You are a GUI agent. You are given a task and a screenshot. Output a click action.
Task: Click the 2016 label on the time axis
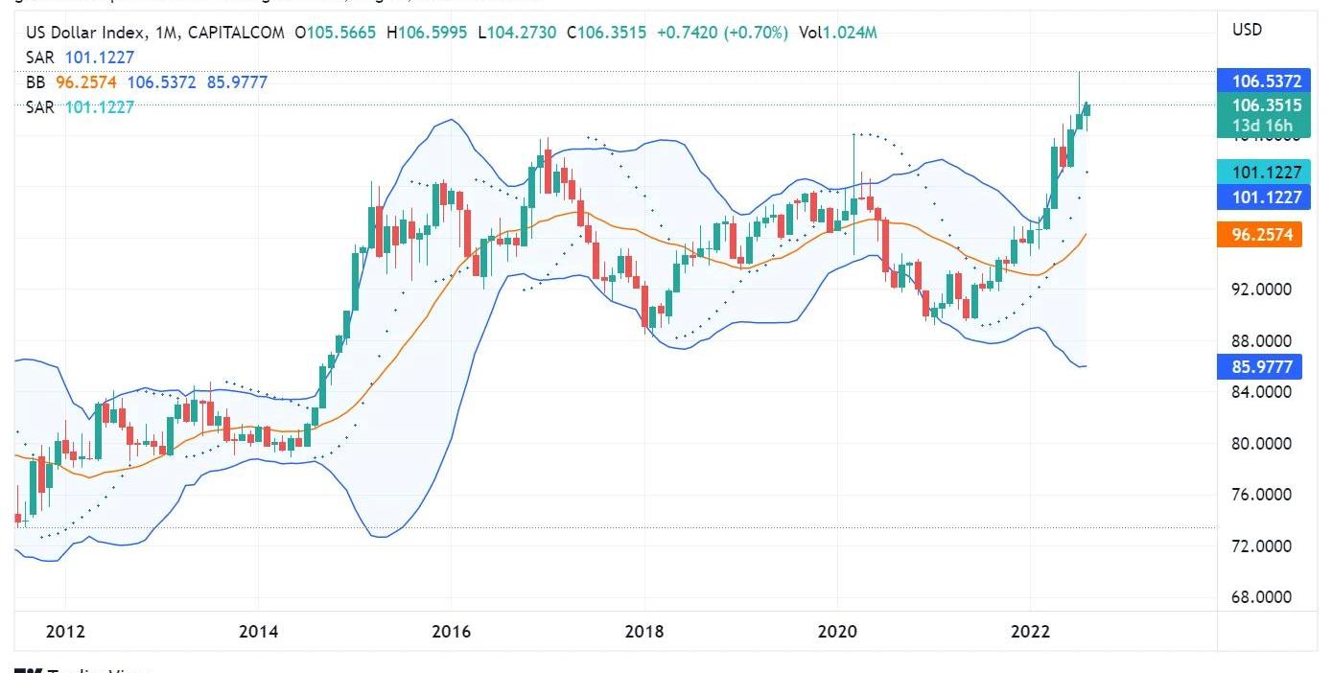452,632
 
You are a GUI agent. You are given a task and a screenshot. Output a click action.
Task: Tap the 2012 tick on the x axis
65,632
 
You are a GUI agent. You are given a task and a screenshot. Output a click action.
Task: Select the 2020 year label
837,632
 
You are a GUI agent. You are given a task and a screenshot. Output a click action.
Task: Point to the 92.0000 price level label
1260,290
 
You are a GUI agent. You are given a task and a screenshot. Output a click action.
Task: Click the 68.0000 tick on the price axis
1260,597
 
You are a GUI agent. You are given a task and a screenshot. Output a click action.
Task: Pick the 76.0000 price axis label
1260,495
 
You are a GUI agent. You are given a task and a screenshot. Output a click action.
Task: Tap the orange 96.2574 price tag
1259,234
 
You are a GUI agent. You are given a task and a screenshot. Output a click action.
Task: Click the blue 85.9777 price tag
1259,366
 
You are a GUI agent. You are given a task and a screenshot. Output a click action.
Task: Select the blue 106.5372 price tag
1259,81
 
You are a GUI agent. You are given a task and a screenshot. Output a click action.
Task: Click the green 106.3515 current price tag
1259,105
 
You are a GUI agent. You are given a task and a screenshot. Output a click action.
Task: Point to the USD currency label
1247,30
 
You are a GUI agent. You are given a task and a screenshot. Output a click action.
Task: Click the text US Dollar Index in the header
86,33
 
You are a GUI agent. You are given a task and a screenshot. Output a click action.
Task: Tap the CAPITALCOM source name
237,33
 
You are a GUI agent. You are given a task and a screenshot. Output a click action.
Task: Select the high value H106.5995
427,33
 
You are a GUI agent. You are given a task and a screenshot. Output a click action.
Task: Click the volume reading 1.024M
849,33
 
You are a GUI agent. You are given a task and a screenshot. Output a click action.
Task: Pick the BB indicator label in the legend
35,82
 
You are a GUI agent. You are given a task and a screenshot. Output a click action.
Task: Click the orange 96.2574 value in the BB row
86,82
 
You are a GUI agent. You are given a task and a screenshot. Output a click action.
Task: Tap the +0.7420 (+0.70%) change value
722,33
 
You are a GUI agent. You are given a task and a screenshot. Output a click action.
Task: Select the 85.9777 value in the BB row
237,82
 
